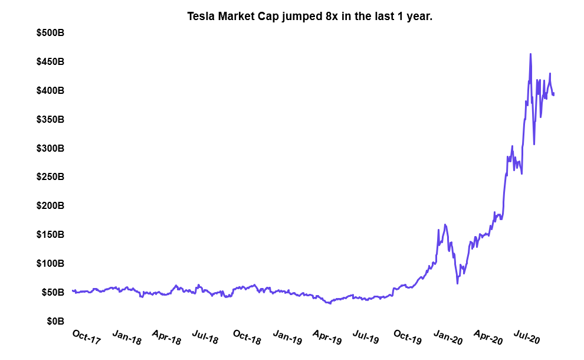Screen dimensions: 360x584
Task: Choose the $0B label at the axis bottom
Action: pos(55,322)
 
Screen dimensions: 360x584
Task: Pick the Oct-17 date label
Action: pos(87,336)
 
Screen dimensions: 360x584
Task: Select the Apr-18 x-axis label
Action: pos(167,337)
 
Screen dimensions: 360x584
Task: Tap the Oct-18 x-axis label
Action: pos(247,337)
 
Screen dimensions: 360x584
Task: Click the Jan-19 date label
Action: pos(287,337)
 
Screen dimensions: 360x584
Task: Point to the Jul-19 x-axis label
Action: pos(366,337)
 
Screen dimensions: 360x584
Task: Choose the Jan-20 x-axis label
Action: pos(448,337)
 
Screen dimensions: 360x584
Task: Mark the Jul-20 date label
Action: pos(526,337)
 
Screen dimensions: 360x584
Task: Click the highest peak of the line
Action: pos(530,54)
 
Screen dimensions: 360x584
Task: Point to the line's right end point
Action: pos(554,94)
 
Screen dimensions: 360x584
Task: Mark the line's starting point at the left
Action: pos(72,290)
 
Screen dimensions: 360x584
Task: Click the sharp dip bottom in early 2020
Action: pos(457,283)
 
